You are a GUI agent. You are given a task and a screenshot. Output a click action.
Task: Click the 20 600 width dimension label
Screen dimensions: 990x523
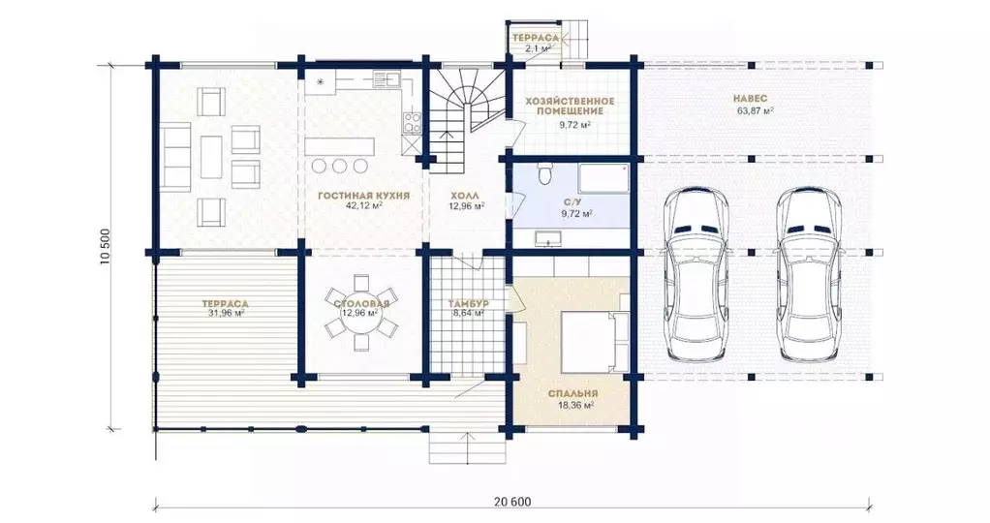pos(512,502)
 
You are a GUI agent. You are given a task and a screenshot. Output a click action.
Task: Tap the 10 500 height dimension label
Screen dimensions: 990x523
pos(106,247)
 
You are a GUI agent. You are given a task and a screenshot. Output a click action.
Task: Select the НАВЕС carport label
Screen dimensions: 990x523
pos(751,99)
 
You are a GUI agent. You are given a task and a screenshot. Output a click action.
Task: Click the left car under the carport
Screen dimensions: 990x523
pos(695,274)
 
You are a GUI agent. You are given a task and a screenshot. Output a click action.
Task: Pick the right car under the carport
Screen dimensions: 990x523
pos(809,274)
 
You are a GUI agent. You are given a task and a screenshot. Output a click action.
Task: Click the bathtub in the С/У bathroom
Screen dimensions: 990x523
pos(604,179)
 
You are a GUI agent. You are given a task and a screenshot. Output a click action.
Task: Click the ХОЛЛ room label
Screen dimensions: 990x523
pos(467,196)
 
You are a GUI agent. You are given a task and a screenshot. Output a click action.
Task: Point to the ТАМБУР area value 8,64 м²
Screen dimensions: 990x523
pos(467,313)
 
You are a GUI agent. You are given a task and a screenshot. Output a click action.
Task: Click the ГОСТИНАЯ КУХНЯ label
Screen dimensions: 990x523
pos(363,196)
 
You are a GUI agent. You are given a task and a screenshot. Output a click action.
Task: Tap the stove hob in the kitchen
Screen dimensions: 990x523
pos(412,123)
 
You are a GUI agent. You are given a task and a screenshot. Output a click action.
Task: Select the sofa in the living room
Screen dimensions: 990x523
pos(176,157)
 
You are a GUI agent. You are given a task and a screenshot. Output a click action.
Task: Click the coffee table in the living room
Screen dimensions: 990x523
pos(211,157)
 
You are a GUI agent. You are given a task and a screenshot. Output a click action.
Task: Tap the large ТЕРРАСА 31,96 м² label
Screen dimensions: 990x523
pos(226,308)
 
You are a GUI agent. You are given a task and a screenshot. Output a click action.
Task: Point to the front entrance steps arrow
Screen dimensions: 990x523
pos(468,448)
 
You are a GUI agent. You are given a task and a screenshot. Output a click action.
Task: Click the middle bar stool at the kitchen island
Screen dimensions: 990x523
pos(340,167)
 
